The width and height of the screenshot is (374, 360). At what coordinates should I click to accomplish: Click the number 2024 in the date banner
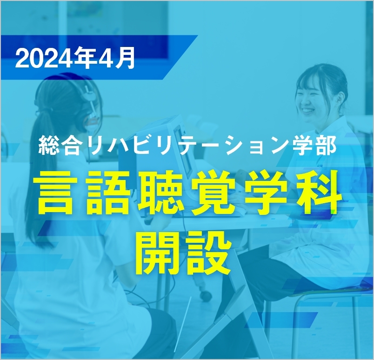coord(44,59)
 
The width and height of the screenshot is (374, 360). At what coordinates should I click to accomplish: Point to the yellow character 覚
coord(213,192)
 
